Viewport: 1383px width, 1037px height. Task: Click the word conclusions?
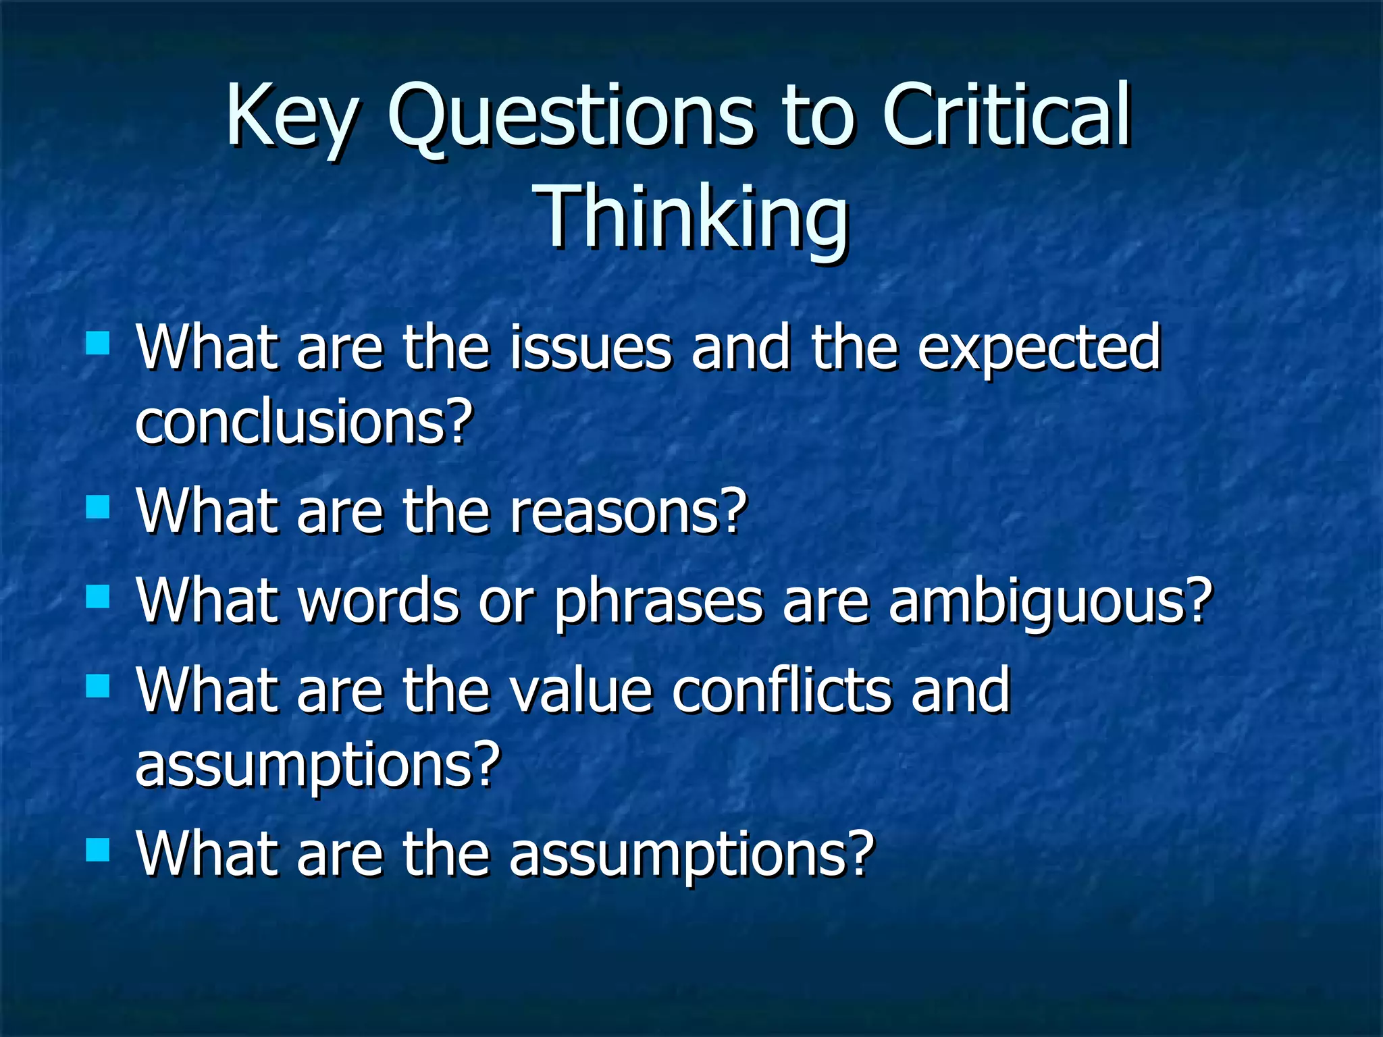click(304, 422)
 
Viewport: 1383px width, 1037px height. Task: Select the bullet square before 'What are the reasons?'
click(99, 506)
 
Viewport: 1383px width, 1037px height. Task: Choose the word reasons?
click(628, 512)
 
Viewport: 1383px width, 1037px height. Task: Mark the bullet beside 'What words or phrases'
click(99, 596)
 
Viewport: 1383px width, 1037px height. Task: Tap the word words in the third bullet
click(378, 601)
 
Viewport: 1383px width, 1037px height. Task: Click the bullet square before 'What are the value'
click(99, 686)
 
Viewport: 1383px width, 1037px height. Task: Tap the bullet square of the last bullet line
click(99, 850)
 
